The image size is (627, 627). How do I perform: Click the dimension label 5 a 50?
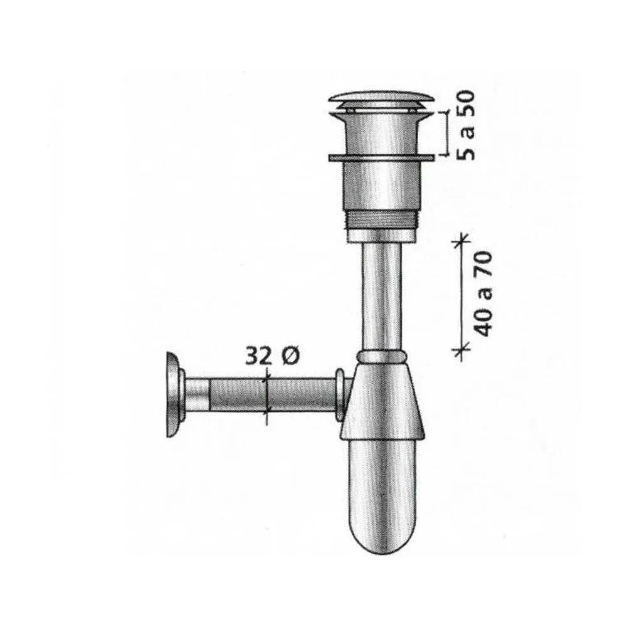pyautogui.click(x=466, y=125)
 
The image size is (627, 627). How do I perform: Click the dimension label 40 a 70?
pyautogui.click(x=483, y=294)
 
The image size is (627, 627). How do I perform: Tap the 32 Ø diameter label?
pyautogui.click(x=272, y=356)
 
